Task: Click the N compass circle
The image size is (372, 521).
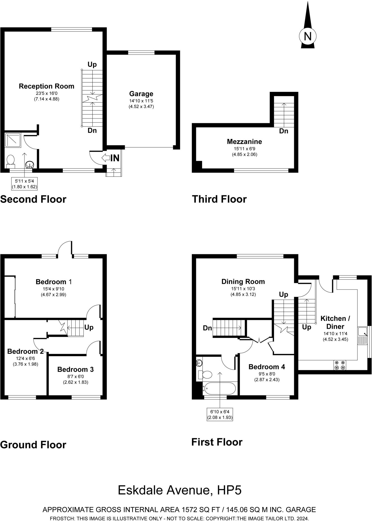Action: coord(308,36)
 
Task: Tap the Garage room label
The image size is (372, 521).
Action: coord(141,94)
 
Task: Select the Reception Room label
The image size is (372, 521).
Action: coord(47,86)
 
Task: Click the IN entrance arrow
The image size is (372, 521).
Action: coord(111,158)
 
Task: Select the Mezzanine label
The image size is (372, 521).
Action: coord(244,141)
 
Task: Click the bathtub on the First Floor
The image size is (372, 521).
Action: coord(219,388)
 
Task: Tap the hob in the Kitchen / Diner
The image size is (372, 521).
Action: coord(340,365)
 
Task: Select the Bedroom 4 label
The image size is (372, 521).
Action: coord(267,367)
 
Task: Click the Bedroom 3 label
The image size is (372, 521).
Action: coord(75,369)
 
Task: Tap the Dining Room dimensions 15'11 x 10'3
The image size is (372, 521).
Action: coord(243,289)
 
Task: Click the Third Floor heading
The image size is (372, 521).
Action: coord(219,199)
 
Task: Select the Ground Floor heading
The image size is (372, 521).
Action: coord(33,445)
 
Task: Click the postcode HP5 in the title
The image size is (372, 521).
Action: coord(229,490)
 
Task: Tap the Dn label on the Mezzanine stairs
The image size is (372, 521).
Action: coord(284,131)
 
